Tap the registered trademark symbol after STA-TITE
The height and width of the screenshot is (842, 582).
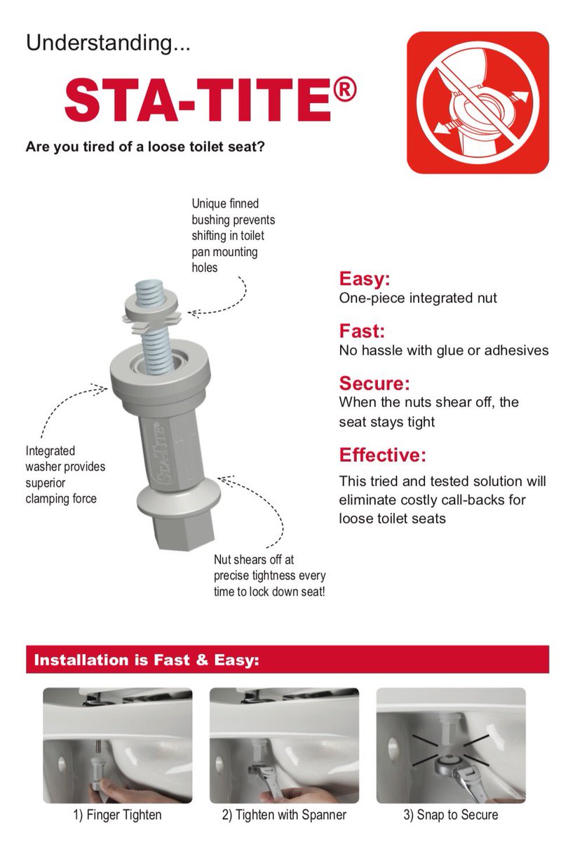[x=344, y=91]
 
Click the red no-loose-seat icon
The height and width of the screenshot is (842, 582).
[x=478, y=102]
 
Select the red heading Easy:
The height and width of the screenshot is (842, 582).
[x=365, y=279]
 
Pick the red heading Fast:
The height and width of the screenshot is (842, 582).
[x=362, y=330]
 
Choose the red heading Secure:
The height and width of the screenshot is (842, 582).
[x=374, y=383]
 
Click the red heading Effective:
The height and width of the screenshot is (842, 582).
[x=382, y=455]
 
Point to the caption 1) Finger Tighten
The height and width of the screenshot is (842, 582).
[x=117, y=815]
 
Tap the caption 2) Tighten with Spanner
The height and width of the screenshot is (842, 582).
[x=284, y=815]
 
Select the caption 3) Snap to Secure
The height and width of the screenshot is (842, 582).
[x=450, y=815]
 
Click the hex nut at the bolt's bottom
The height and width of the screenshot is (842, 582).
[x=183, y=534]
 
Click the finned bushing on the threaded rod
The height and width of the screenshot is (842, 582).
[x=151, y=316]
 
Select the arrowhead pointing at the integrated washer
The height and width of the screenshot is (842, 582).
[x=102, y=389]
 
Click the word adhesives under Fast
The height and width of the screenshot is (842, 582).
[x=516, y=350]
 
